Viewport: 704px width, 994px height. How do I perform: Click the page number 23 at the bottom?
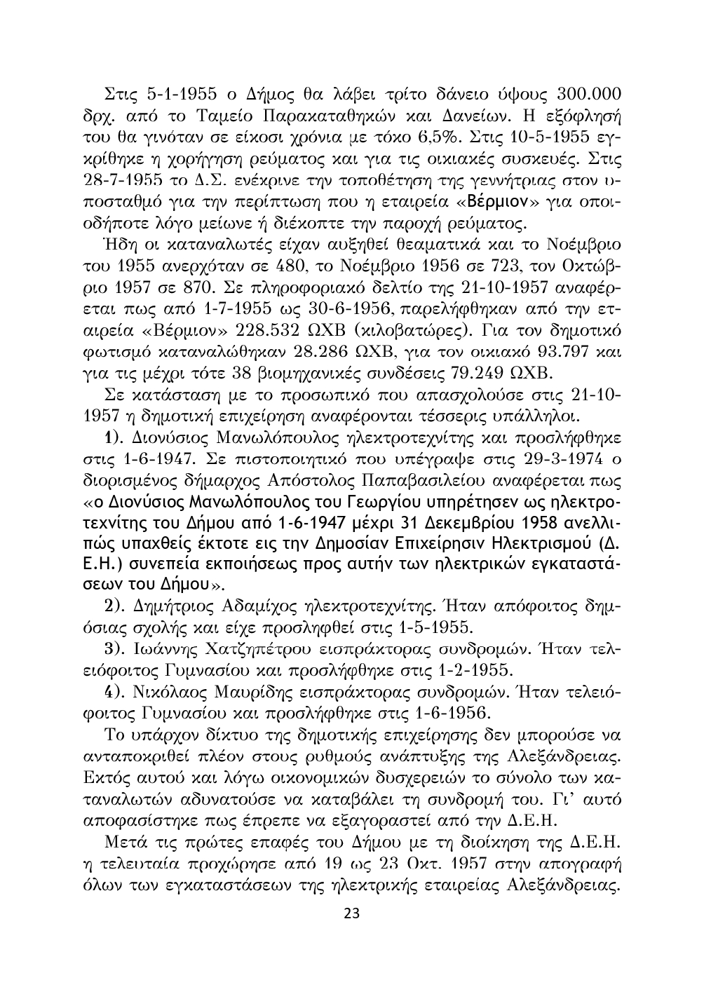pyautogui.click(x=351, y=913)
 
